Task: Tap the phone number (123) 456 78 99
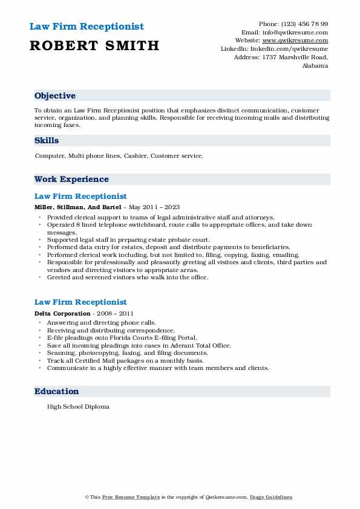click(303, 24)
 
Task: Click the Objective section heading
click(55, 96)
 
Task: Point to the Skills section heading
click(47, 141)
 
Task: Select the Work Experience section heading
click(71, 180)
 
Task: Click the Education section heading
click(57, 392)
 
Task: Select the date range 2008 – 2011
click(114, 313)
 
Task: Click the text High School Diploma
click(78, 407)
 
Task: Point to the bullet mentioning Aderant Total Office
click(139, 345)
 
